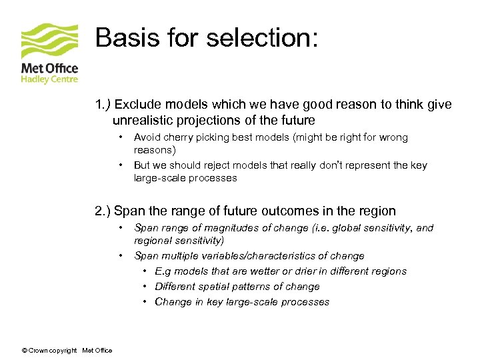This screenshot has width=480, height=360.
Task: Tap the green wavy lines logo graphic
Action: click(x=49, y=42)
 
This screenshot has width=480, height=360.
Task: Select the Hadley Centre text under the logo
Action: click(x=49, y=79)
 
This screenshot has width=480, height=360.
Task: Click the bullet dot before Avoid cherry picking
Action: click(x=120, y=137)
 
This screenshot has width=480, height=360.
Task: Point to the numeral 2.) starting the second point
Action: click(x=103, y=211)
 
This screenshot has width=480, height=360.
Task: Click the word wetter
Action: click(x=256, y=271)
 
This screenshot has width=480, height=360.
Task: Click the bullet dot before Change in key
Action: click(x=145, y=302)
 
